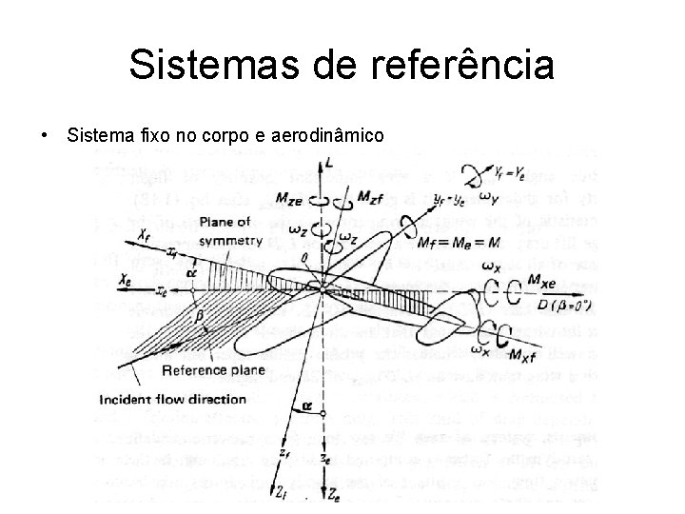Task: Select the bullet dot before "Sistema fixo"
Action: (x=46, y=136)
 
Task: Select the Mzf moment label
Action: (x=371, y=197)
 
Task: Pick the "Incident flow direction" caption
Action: (x=172, y=399)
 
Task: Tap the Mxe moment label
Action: (x=541, y=284)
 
